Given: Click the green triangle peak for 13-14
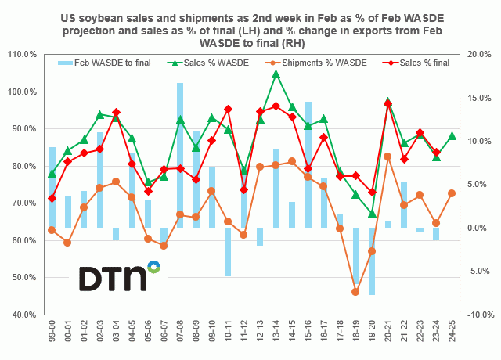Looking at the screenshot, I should tap(276, 74).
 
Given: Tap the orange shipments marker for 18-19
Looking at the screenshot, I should tap(355, 292).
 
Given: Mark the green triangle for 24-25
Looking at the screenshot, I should tap(452, 136).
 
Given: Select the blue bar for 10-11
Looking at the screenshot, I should tap(228, 251).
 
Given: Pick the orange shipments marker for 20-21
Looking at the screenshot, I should tap(387, 157).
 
